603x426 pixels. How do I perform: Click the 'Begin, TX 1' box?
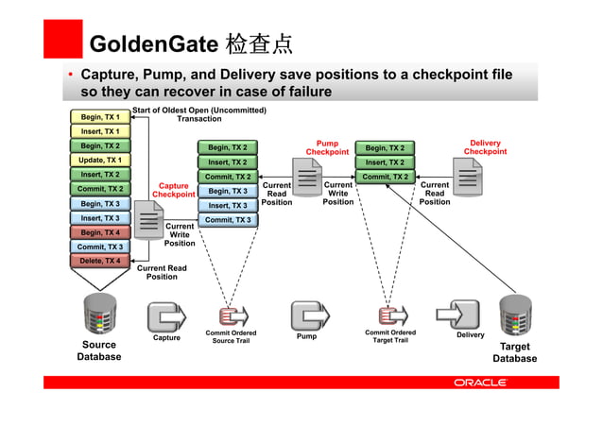[99, 117]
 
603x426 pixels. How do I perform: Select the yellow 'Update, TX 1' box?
[99, 161]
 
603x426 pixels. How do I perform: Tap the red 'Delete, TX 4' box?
[99, 261]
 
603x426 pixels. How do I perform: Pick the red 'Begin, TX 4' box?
[99, 232]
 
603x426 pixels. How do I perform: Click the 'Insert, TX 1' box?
[99, 131]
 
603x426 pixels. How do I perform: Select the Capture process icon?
[166, 315]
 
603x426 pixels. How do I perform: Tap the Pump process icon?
[307, 315]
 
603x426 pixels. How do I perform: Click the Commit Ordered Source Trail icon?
[232, 316]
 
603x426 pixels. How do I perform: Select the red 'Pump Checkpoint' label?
[327, 147]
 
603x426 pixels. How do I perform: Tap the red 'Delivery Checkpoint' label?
[485, 147]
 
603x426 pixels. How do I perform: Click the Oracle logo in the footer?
[480, 383]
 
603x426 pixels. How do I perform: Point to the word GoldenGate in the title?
[151, 44]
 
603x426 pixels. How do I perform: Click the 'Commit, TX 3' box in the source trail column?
[228, 220]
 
